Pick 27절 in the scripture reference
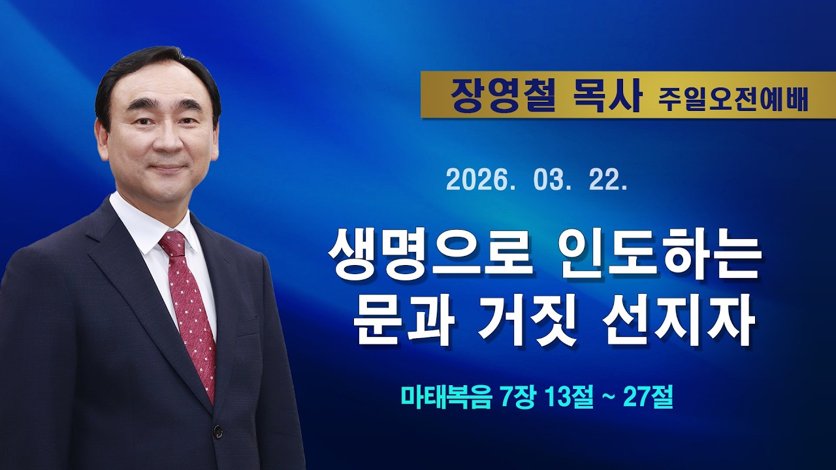(648, 396)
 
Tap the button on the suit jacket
(218, 431)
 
